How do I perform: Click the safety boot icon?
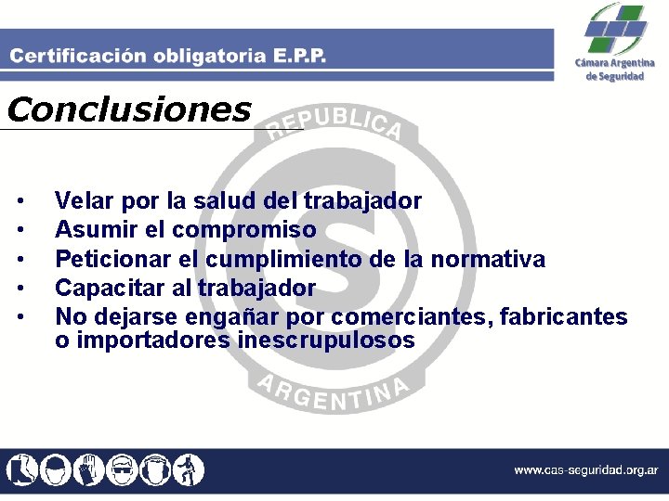(20, 469)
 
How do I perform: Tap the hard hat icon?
(55, 469)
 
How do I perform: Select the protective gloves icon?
(88, 469)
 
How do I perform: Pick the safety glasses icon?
(122, 469)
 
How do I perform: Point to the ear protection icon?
(155, 469)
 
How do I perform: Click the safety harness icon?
(189, 469)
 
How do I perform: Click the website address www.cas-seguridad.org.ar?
(585, 470)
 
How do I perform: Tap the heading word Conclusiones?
(128, 110)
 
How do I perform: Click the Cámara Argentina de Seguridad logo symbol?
(614, 29)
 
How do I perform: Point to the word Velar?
(85, 200)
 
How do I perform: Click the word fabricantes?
(564, 317)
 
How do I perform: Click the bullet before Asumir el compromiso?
(20, 230)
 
